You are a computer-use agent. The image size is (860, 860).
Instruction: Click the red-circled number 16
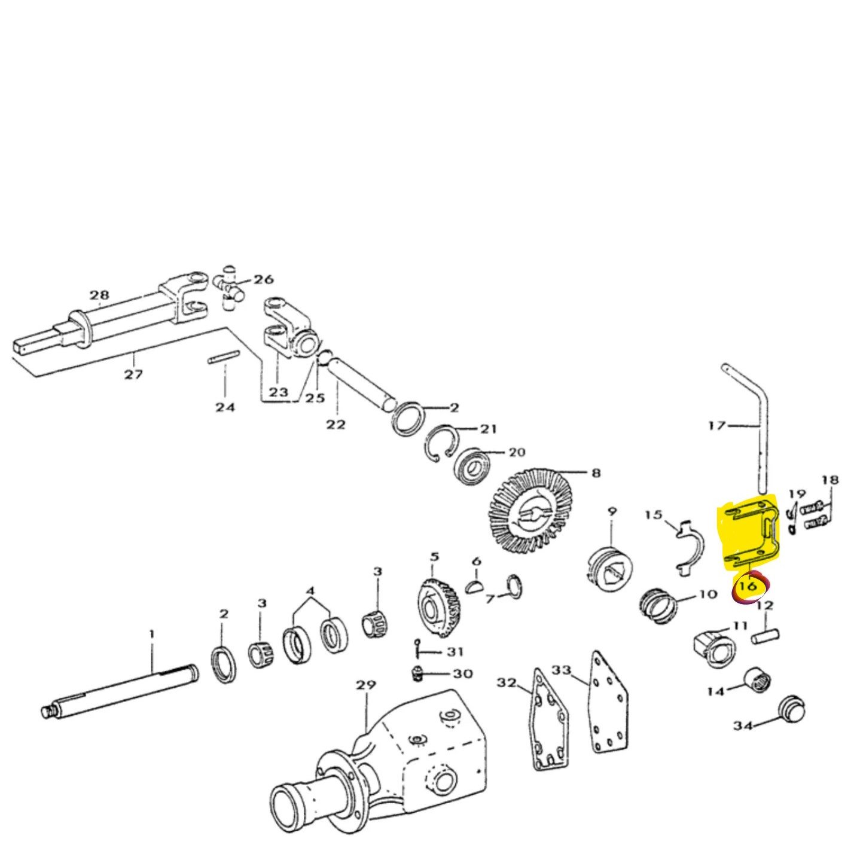[749, 586]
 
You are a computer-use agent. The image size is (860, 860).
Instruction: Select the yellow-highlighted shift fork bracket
[750, 532]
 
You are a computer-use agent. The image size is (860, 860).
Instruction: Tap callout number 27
[133, 374]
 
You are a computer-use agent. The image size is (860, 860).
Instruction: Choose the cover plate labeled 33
[610, 703]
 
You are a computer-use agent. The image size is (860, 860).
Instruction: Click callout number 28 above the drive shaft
[99, 294]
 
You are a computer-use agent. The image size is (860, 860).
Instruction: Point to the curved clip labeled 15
[688, 544]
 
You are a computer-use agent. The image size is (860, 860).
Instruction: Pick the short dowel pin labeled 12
[765, 635]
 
